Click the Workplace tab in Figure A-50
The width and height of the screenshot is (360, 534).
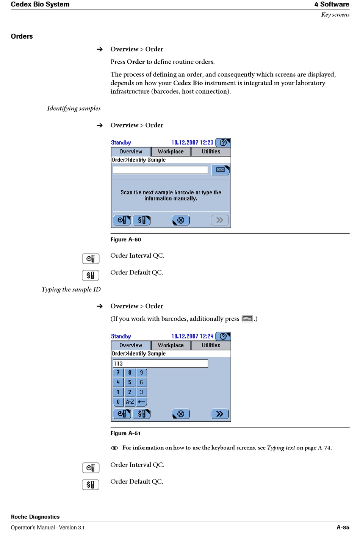[171, 152]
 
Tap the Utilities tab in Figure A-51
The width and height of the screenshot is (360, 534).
[211, 345]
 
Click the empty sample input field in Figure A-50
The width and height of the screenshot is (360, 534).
[160, 170]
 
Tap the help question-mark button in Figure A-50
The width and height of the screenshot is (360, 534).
[223, 143]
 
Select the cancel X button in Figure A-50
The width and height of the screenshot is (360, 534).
[181, 220]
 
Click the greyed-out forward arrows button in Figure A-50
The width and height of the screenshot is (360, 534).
[219, 220]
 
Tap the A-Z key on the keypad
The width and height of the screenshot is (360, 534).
[130, 402]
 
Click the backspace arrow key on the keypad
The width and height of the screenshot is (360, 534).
[141, 402]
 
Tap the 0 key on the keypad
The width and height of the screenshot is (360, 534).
[118, 402]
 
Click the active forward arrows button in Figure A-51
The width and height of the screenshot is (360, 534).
[219, 414]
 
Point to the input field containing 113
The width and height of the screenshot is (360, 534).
[160, 364]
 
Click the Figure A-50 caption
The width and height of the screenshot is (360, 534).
[126, 240]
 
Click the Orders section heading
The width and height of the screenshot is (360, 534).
[22, 36]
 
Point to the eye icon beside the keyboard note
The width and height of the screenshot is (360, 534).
[114, 448]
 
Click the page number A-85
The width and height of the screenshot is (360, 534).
[343, 527]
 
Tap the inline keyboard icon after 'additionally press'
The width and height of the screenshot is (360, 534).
[247, 319]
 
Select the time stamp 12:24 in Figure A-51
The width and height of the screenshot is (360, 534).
[207, 337]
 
